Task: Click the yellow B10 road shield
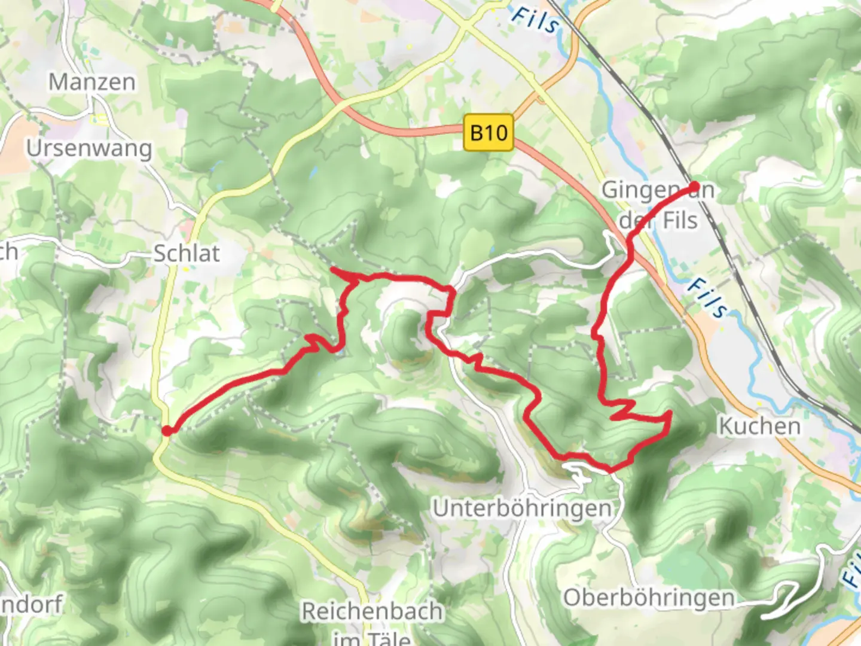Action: [x=488, y=132]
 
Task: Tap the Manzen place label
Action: [x=92, y=82]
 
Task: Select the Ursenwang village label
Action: [x=89, y=148]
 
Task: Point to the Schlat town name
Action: [x=187, y=254]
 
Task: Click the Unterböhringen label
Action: [x=522, y=508]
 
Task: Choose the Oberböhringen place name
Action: [x=649, y=598]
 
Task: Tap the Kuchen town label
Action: [x=759, y=426]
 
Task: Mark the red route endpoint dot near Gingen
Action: [x=694, y=187]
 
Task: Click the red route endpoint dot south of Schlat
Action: [x=167, y=430]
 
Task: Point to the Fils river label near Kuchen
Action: [x=707, y=298]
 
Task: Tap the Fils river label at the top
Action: [x=536, y=20]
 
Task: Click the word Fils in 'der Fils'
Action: [x=680, y=221]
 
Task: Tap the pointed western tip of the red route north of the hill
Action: [x=332, y=271]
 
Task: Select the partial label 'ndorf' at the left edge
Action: [x=31, y=604]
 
